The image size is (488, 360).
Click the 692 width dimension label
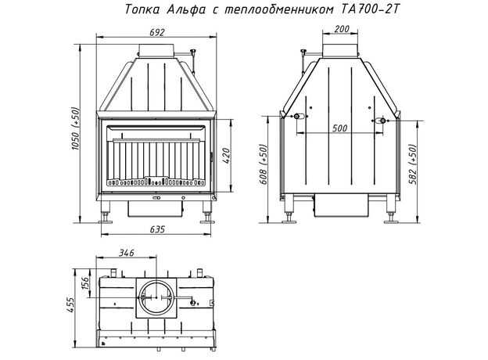[x=156, y=32]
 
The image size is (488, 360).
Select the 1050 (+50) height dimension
[x=76, y=129]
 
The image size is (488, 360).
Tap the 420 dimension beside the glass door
[x=226, y=156]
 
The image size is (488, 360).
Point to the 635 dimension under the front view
[x=157, y=230]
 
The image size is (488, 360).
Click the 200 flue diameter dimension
[x=342, y=29]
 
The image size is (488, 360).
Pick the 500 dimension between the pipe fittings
[x=339, y=128]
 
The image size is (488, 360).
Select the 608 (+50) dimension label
[x=264, y=164]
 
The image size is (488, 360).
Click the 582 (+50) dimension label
[x=412, y=164]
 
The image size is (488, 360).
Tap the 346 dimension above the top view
[x=127, y=253]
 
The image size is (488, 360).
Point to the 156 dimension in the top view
[x=85, y=283]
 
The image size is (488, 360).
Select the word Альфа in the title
[x=186, y=9]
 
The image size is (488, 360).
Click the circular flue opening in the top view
[x=156, y=297]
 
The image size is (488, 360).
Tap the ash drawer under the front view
[x=155, y=208]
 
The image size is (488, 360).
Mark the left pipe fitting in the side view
[x=296, y=117]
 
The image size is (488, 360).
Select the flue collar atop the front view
[x=156, y=50]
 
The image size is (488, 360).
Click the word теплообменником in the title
[x=278, y=9]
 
